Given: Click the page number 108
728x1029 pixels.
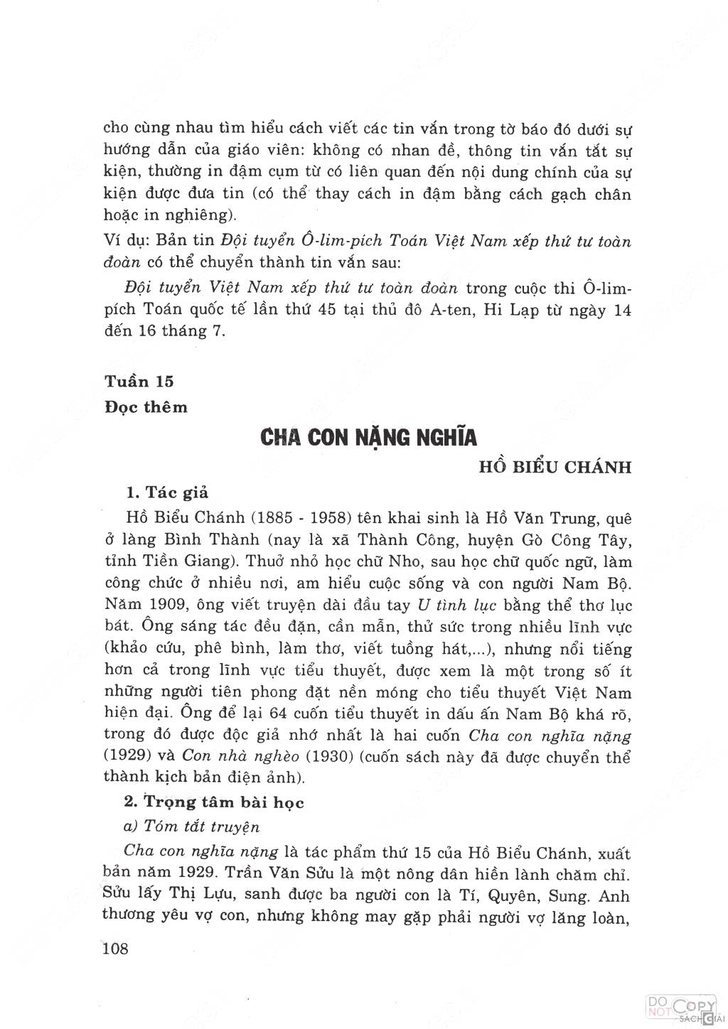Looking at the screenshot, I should click(116, 948).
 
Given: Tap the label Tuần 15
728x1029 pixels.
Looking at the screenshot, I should click(139, 381).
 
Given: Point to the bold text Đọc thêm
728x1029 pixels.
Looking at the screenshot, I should click(146, 407).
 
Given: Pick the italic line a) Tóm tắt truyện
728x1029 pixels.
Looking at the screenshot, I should click(192, 826).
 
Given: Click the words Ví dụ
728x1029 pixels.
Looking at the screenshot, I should click(118, 242).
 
